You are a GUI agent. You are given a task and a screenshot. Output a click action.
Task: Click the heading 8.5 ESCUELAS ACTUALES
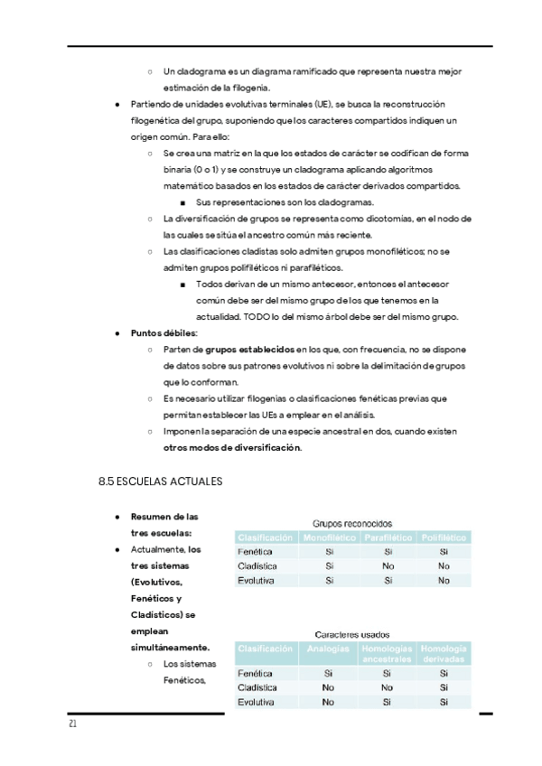pos(159,481)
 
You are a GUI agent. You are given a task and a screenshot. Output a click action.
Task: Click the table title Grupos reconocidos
pos(352,522)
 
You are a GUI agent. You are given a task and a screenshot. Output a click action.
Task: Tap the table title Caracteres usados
pos(352,633)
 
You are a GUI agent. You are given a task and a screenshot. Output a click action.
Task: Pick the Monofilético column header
pos(329,537)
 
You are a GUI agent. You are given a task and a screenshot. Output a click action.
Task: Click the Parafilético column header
pos(388,537)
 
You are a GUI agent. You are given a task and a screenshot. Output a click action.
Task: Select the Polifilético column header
pos(444,537)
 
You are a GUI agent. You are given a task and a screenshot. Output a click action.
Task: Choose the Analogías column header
pos(329,649)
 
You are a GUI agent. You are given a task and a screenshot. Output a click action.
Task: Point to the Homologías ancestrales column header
pos(388,653)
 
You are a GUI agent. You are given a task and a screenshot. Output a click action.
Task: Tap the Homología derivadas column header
pos(444,653)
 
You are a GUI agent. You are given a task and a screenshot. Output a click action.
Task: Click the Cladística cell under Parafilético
pos(388,566)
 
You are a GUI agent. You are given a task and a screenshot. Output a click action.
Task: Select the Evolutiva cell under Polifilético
pos(444,581)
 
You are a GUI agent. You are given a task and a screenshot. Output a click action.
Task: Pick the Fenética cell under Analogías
pos(329,673)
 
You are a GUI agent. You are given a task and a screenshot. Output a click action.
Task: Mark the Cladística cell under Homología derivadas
pos(444,687)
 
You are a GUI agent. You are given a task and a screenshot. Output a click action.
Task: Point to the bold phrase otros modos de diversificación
pos(232,447)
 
